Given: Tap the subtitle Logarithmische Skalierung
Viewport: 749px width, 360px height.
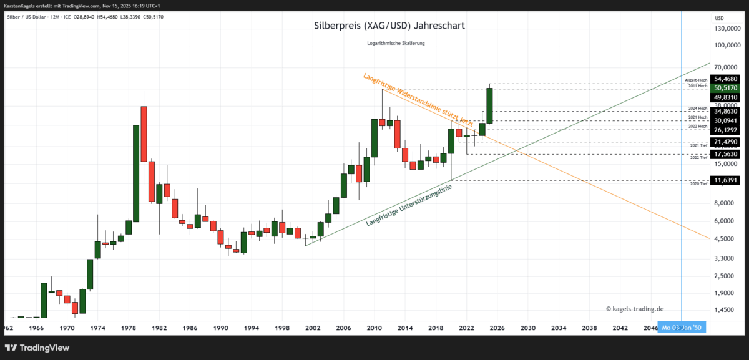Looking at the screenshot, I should pos(396,43).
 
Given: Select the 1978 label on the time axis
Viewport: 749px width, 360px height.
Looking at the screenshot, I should pos(128,327).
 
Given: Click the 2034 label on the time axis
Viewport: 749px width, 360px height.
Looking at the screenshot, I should pos(559,327).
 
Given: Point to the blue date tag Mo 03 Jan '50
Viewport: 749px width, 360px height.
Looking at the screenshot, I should pos(682,328).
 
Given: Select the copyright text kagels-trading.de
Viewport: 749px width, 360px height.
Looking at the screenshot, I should pos(635,308).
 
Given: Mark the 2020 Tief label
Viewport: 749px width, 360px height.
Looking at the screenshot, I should pos(699,184).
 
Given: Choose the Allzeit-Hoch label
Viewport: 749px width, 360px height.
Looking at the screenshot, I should pos(696,80).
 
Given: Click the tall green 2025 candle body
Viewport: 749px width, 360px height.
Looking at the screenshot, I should pos(489,105).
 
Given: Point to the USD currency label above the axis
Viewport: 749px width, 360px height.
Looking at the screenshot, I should pos(719,18).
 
